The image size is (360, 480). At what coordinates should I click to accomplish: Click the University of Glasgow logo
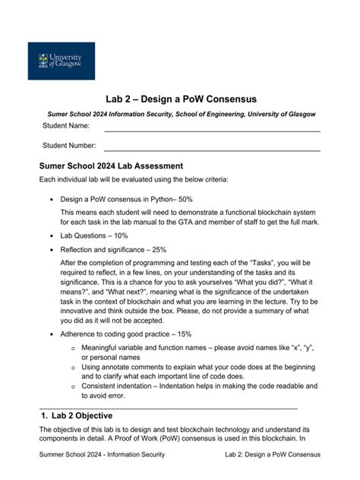pos(62,61)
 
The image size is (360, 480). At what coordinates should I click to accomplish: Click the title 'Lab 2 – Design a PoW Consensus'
pos(181,99)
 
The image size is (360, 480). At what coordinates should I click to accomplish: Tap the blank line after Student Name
pos(212,130)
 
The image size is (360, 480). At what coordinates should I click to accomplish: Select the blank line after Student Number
pos(212,150)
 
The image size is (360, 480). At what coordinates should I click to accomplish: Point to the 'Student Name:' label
pos(66,125)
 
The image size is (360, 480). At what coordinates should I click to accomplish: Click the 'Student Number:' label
pos(69,145)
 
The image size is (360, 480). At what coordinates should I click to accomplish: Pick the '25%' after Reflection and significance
pos(156,249)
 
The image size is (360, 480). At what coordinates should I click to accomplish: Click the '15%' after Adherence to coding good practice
pos(180,334)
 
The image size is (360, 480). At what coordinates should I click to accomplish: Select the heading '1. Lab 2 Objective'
pos(78,415)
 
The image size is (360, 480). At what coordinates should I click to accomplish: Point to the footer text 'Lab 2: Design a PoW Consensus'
pos(273,454)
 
